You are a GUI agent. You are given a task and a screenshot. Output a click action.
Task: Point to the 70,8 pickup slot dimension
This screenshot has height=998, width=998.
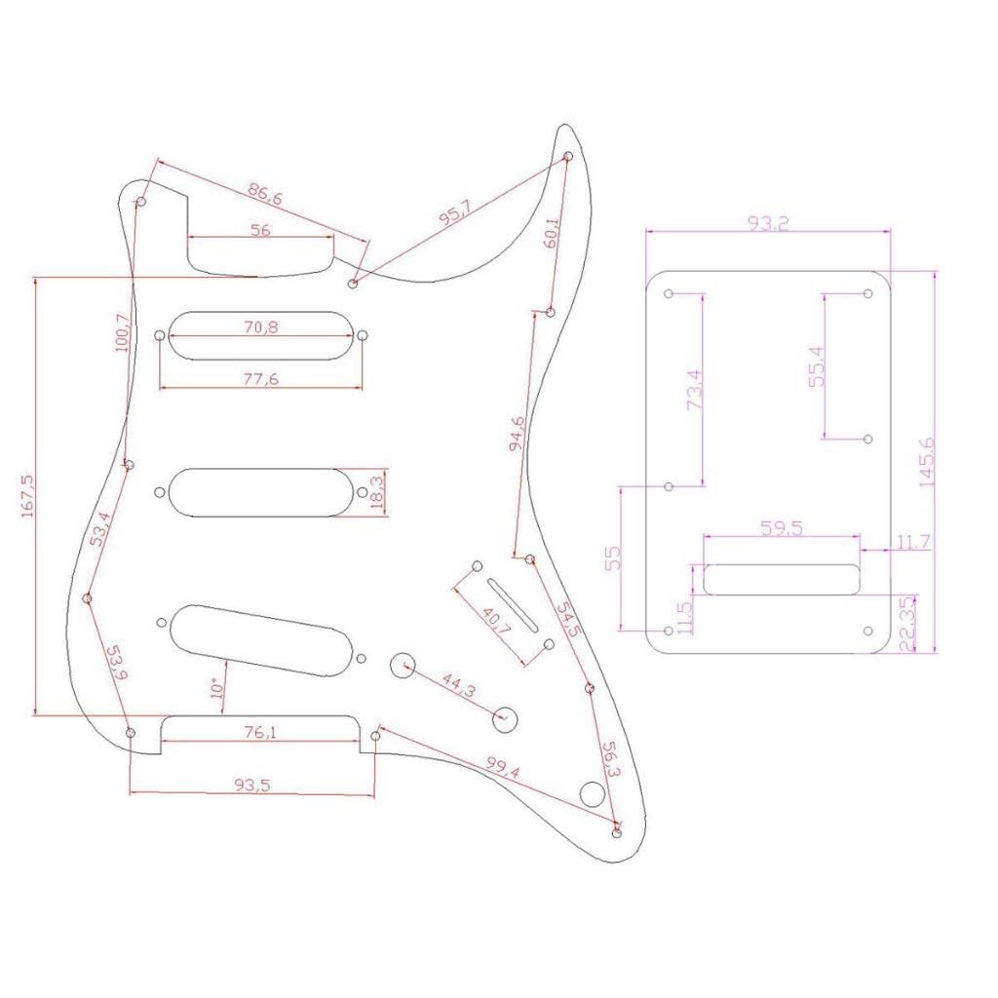pos(260,328)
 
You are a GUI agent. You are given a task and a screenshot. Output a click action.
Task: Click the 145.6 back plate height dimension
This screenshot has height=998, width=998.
pos(926,461)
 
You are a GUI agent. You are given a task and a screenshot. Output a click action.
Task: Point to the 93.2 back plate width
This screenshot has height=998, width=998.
pos(768,224)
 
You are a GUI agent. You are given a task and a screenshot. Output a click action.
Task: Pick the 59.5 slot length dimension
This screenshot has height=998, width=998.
pos(781,529)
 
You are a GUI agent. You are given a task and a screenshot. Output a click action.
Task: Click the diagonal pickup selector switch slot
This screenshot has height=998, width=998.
pos(513,603)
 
